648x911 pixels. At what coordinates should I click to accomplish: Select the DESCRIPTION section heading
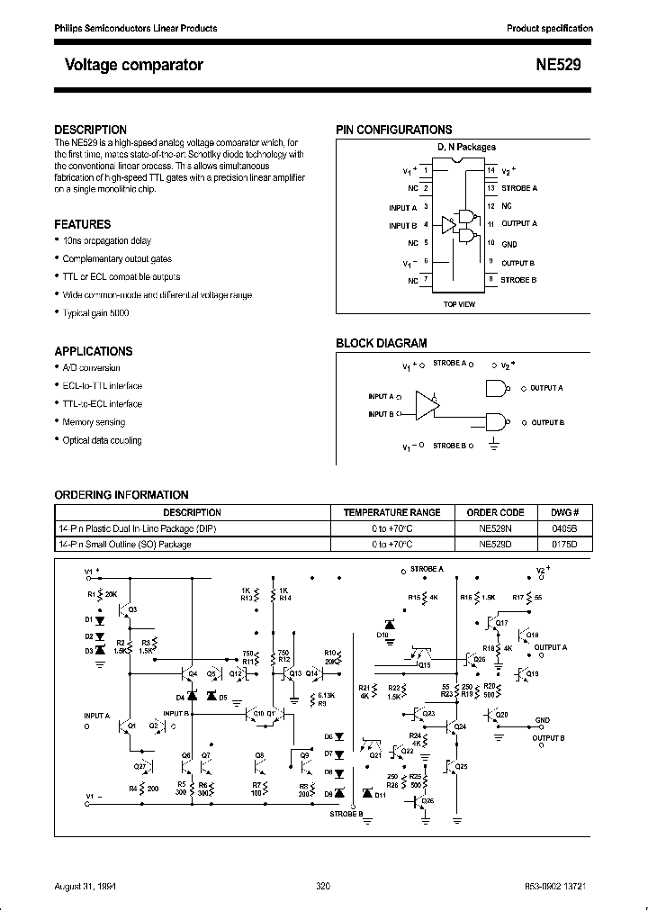tap(90, 130)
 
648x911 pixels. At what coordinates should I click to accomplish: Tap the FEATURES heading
tap(83, 224)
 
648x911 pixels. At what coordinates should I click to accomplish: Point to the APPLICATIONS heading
tap(93, 351)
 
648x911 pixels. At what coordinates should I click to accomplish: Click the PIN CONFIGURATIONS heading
tap(394, 130)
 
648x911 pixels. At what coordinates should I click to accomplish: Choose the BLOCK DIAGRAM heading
tap(382, 343)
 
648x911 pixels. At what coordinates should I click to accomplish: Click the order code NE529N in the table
tap(497, 528)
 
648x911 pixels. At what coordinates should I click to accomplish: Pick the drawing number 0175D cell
tap(564, 545)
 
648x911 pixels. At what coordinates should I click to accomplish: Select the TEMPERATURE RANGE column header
tap(392, 512)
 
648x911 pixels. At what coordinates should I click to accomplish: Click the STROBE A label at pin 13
tap(519, 188)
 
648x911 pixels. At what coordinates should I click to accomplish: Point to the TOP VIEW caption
tap(459, 304)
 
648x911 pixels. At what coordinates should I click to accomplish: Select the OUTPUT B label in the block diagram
tap(547, 422)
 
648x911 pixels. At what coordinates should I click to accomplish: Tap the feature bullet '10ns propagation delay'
tap(106, 241)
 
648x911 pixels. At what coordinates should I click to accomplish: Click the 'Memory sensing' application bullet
tap(94, 422)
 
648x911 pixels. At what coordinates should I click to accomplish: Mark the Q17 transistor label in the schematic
tap(501, 623)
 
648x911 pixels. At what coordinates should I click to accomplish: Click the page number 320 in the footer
tap(324, 887)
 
